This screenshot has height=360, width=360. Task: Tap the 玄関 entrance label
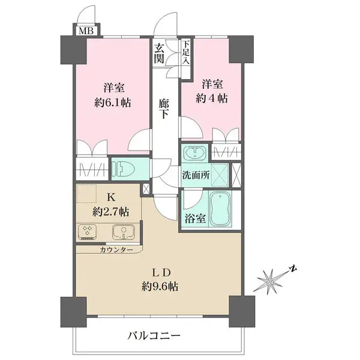coord(160,53)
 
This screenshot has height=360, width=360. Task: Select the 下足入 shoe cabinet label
coord(186,52)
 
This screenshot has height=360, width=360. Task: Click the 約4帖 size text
coord(214,97)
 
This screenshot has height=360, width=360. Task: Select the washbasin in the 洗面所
coord(196,154)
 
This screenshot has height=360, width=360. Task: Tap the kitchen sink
coord(122,231)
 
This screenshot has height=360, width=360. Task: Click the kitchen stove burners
coord(88,231)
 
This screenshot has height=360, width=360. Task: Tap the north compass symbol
coord(272,278)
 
